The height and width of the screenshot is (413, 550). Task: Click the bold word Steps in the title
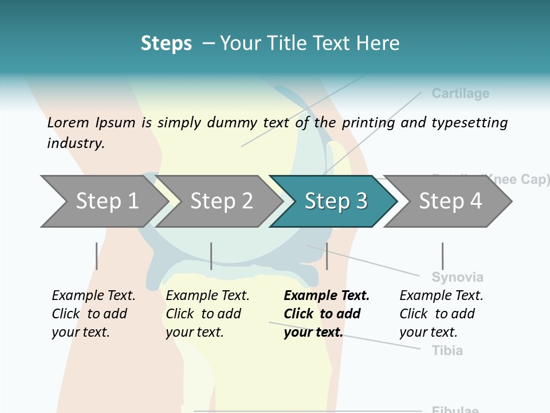[166, 44]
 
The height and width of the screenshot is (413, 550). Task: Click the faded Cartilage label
[460, 93]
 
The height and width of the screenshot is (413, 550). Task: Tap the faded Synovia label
[457, 278]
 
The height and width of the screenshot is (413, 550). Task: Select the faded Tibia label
[447, 350]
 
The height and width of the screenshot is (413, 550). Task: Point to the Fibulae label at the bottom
[455, 410]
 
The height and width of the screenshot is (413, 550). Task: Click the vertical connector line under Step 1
[97, 256]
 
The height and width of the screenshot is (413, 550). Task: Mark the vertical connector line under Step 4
[442, 256]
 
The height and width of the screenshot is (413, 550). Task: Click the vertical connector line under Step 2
[211, 256]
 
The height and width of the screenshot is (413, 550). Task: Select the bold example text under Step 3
[326, 314]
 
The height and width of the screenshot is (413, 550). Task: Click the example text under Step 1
[93, 314]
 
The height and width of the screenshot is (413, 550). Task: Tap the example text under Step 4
[441, 314]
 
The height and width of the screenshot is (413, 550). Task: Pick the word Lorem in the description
[68, 123]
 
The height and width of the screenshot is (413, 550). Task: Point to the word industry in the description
[75, 143]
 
